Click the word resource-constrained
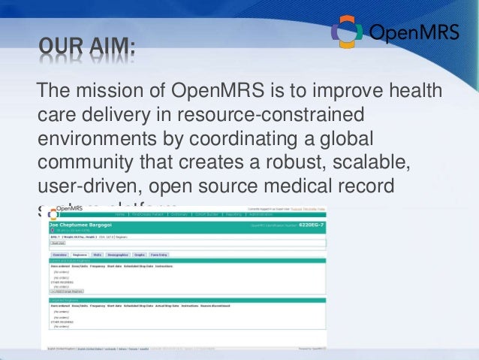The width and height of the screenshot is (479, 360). coord(288,116)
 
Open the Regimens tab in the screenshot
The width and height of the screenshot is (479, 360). coord(80,255)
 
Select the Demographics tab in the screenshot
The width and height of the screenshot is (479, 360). coord(120,255)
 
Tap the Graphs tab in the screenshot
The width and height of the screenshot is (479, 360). coord(140,255)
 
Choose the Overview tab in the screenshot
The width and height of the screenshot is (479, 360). coord(59,255)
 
